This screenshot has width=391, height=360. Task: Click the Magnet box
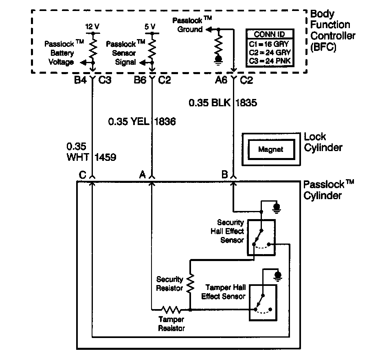(271, 149)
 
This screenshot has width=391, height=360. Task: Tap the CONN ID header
(269, 34)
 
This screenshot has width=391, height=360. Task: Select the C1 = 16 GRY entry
(269, 43)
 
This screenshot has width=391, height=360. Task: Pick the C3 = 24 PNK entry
(269, 61)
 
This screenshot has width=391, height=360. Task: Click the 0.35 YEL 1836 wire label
(142, 121)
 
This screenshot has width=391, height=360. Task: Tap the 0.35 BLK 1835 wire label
(223, 103)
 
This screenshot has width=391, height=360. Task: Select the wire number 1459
(105, 157)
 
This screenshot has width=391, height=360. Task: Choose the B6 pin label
(140, 80)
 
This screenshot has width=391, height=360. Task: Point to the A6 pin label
(221, 80)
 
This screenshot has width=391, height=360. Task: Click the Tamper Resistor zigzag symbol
(170, 309)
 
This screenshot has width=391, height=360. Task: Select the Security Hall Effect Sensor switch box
(261, 237)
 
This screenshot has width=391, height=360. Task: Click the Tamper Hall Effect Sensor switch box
(263, 303)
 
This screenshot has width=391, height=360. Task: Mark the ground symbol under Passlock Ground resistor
(219, 59)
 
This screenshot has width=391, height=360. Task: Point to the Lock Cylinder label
(323, 142)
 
